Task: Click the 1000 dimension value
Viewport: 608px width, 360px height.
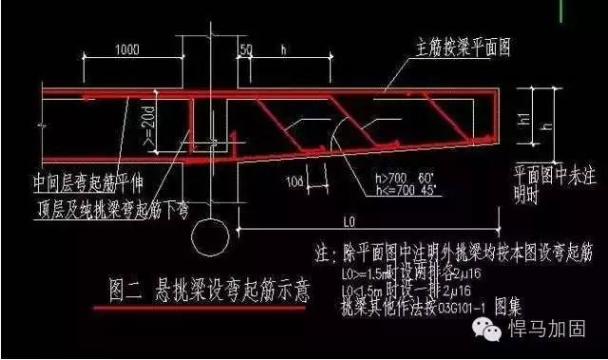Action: [x=123, y=48]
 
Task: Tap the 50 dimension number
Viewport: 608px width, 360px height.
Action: [x=245, y=48]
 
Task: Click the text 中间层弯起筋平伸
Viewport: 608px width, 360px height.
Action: [x=89, y=175]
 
